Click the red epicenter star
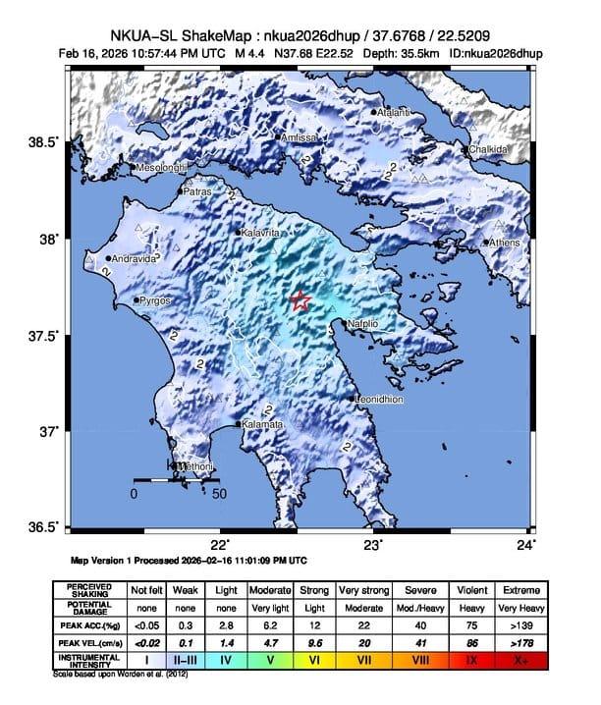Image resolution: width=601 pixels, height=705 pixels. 300,301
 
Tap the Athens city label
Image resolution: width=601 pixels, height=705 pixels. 504,243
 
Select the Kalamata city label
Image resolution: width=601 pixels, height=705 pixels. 262,424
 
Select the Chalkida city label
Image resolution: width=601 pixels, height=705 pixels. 488,149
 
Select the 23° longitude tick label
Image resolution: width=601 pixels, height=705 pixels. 372,544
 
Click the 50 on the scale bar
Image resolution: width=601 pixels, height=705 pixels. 219,495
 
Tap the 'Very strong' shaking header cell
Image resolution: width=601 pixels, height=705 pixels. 361,590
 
